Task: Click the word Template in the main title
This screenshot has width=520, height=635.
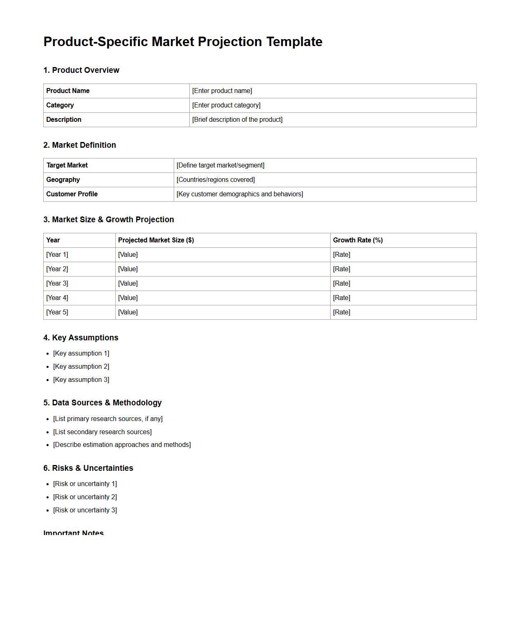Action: [x=294, y=42]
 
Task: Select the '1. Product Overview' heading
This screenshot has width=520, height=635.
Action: [x=81, y=70]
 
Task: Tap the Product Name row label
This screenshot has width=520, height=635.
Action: [x=68, y=91]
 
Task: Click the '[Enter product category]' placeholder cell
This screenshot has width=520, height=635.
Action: [x=226, y=105]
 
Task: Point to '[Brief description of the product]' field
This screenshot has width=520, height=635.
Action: [x=237, y=120]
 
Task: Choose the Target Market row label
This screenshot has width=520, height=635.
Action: [x=67, y=165]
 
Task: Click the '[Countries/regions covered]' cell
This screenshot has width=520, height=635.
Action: [x=215, y=180]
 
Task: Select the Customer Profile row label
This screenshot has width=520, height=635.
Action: [x=72, y=194]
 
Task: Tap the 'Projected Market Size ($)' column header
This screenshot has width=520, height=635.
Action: [x=156, y=240]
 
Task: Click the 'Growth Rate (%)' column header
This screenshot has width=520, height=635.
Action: [x=358, y=240]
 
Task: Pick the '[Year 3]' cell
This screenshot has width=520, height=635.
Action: [x=57, y=284]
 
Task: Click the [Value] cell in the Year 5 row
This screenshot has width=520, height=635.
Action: [x=128, y=312]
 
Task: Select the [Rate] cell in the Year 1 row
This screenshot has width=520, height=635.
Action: [x=341, y=255]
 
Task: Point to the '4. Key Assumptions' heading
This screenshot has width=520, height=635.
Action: [x=81, y=338]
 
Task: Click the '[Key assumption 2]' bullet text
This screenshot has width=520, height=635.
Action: [x=81, y=367]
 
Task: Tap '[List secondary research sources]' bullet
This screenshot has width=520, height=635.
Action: [x=102, y=432]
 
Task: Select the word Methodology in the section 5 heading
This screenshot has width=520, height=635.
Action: [x=137, y=403]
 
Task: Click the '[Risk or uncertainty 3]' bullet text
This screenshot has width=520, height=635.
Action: [x=85, y=510]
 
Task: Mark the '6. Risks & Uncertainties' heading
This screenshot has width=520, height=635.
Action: [x=88, y=468]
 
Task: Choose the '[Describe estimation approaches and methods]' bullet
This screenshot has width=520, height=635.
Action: [x=122, y=445]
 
